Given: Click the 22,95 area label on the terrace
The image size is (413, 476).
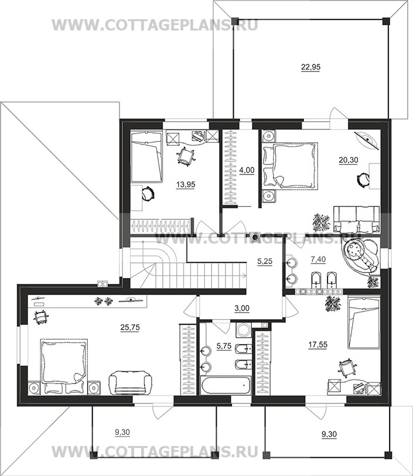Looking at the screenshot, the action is (310, 67).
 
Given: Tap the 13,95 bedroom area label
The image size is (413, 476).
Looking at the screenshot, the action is (186, 184).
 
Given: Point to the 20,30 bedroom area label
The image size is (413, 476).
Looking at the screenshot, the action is (349, 160).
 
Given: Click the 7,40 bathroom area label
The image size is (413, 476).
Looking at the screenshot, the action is (318, 259).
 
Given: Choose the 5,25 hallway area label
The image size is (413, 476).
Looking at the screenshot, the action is (265, 261).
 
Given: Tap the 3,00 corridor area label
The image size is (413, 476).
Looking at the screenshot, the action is (242, 309).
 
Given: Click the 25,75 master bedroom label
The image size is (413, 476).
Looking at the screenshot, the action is (130, 327).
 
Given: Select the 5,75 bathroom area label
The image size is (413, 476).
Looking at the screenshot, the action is (224, 346).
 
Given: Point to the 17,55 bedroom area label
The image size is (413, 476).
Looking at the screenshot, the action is (318, 345).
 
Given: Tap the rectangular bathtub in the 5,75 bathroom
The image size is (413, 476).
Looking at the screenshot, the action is (226, 385).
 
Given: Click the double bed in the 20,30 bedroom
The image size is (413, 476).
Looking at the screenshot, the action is (290, 166).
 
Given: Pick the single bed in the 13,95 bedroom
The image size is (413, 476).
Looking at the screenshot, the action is (146, 157).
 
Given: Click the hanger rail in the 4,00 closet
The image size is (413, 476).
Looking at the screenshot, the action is (230, 167).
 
